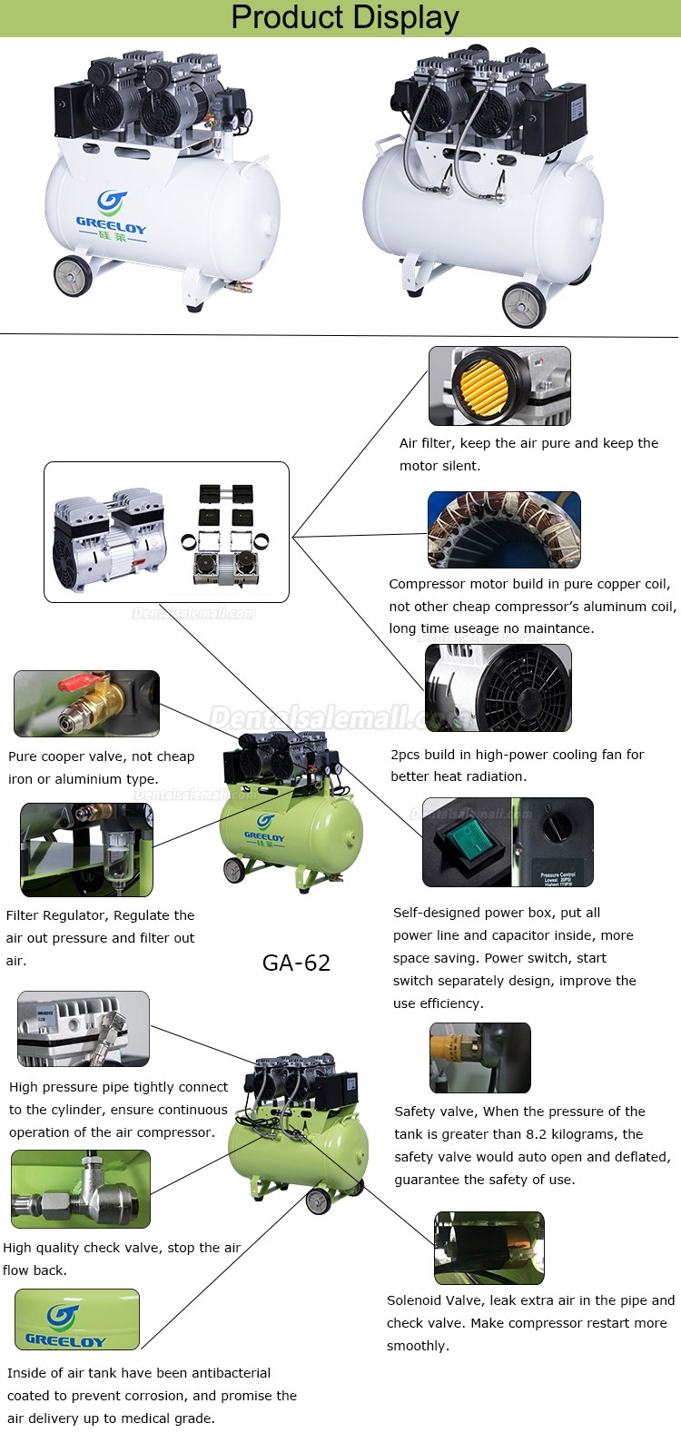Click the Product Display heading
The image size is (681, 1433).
344,17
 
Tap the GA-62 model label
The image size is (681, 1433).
296,963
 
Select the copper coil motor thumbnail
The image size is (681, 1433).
503,529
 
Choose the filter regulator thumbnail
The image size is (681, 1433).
86,848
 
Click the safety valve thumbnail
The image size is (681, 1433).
479,1057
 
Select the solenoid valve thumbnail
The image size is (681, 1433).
489,1248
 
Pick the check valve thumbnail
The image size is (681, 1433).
80,1189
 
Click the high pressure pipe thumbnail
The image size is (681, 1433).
83,1028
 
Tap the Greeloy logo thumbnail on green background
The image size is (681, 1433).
77,1319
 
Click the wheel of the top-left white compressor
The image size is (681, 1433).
73,275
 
